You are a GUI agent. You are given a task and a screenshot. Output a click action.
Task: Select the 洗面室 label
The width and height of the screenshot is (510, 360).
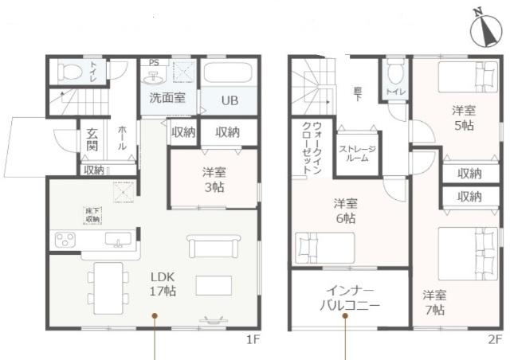pos(167,99)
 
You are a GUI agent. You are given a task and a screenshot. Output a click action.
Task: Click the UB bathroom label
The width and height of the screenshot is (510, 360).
pos(229,101)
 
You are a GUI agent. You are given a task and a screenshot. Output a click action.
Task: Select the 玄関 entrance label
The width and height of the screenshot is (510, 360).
pos(92,140)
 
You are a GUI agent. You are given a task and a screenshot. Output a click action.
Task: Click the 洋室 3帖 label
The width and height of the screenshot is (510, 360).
pos(213,179)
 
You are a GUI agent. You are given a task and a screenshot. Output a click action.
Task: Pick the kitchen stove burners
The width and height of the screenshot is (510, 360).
pos(65,240)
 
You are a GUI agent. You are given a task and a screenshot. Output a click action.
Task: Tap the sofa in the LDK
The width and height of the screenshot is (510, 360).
pos(213,245)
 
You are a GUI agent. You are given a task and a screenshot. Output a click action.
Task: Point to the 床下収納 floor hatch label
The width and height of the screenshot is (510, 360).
pos(92,213)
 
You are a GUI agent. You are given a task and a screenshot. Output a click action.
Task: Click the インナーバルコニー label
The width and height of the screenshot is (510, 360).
pos(350,298)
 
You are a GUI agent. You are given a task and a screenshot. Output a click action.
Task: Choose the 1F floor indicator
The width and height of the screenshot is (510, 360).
pos(254,340)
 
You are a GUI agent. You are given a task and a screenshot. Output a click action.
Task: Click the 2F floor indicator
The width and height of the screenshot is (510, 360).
pos(494,340)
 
